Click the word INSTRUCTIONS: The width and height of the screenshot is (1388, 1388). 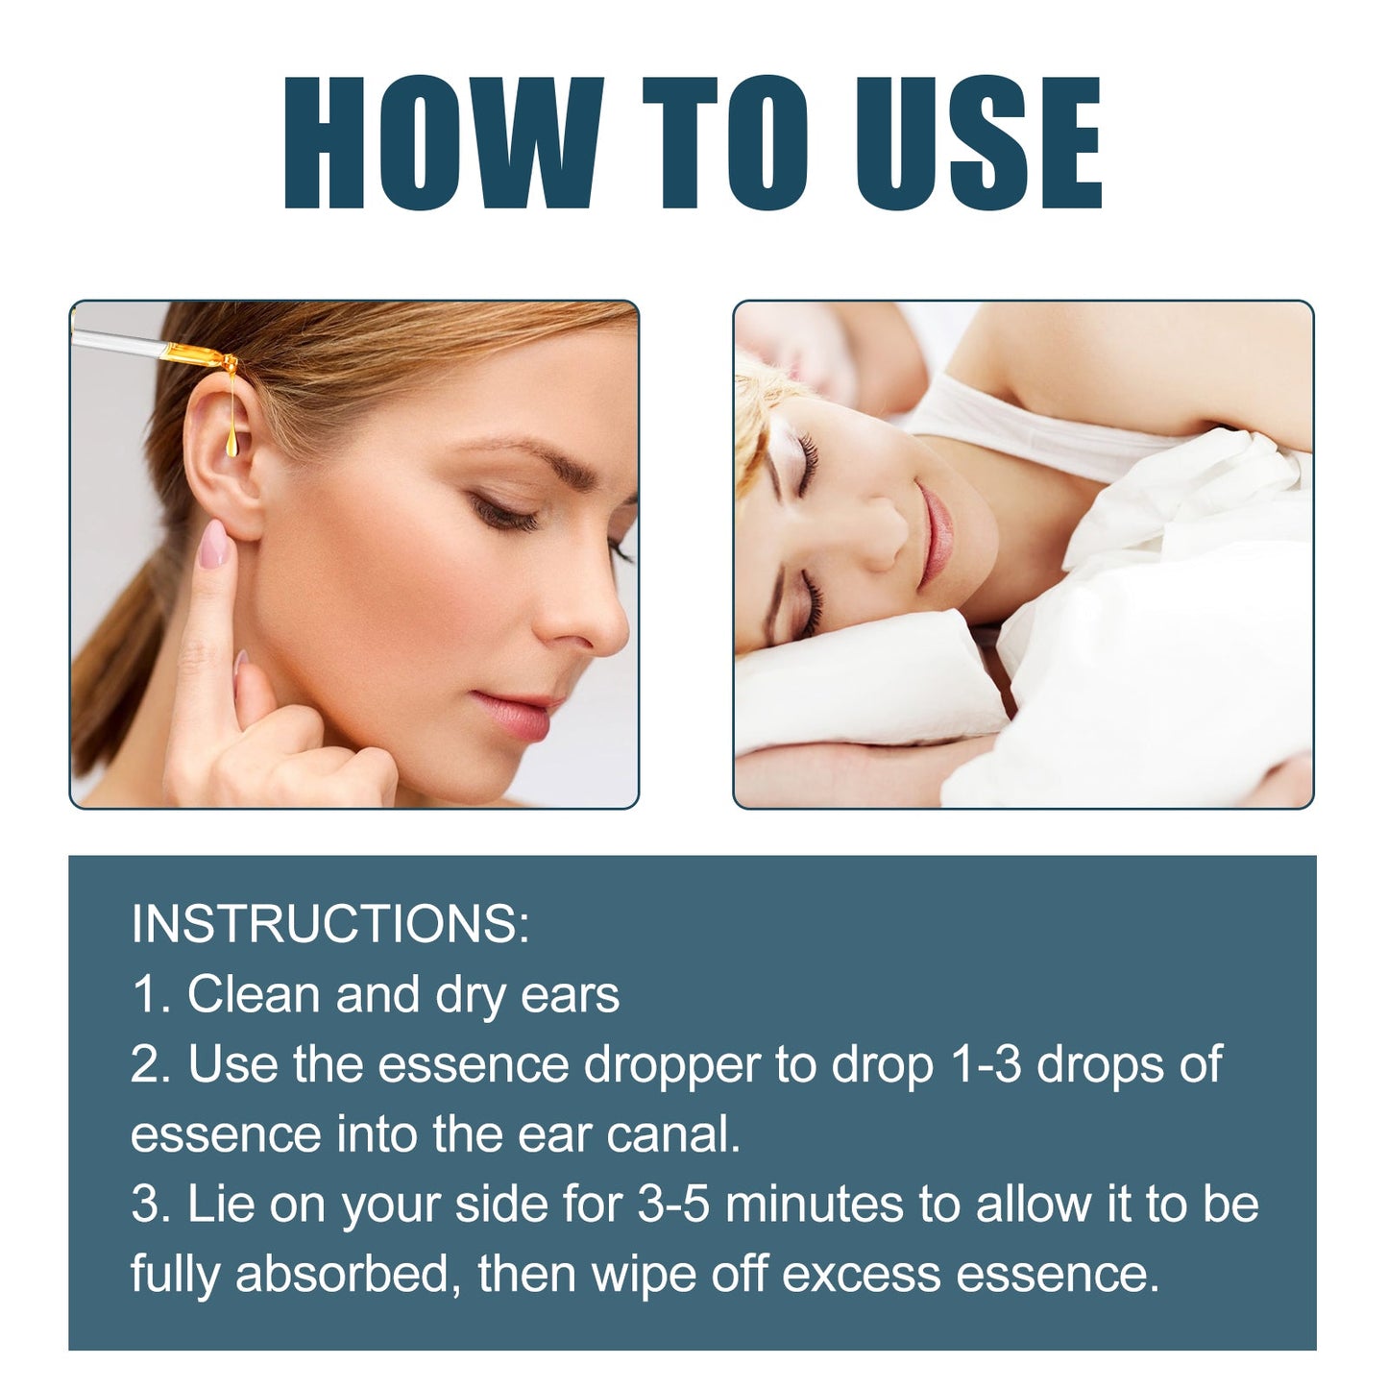point(330,924)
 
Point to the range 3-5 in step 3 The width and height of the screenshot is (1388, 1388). point(672,1205)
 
